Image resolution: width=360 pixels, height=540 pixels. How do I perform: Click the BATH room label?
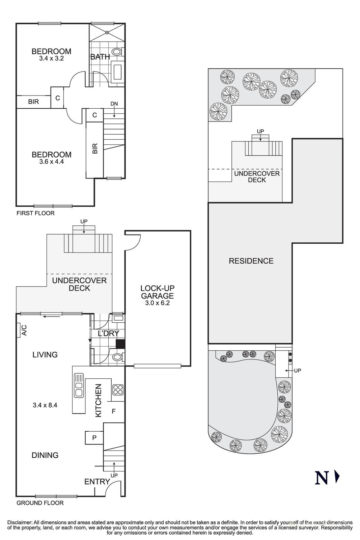[x=100, y=57]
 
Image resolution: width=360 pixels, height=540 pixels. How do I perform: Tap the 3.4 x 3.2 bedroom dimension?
[x=51, y=58]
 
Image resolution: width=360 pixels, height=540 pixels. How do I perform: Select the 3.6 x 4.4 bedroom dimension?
[x=51, y=162]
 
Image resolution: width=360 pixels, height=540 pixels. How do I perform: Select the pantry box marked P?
[x=94, y=438]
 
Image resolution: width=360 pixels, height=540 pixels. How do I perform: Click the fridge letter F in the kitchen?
[x=114, y=411]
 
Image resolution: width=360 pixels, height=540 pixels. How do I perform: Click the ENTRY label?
[x=97, y=482]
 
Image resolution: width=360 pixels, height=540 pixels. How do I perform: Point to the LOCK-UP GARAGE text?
[x=157, y=292]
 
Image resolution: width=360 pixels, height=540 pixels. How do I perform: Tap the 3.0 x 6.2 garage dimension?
[x=157, y=303]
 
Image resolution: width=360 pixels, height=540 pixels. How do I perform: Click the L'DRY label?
[x=108, y=333]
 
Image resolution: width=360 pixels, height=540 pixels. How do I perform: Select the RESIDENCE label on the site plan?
[x=251, y=261]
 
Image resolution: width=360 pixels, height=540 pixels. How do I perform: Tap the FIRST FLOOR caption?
[x=35, y=213]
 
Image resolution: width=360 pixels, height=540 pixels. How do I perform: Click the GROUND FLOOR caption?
[x=40, y=503]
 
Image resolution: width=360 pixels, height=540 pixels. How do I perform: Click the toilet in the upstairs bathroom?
[x=117, y=52]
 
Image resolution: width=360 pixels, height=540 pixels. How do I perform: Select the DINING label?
[x=45, y=455]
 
